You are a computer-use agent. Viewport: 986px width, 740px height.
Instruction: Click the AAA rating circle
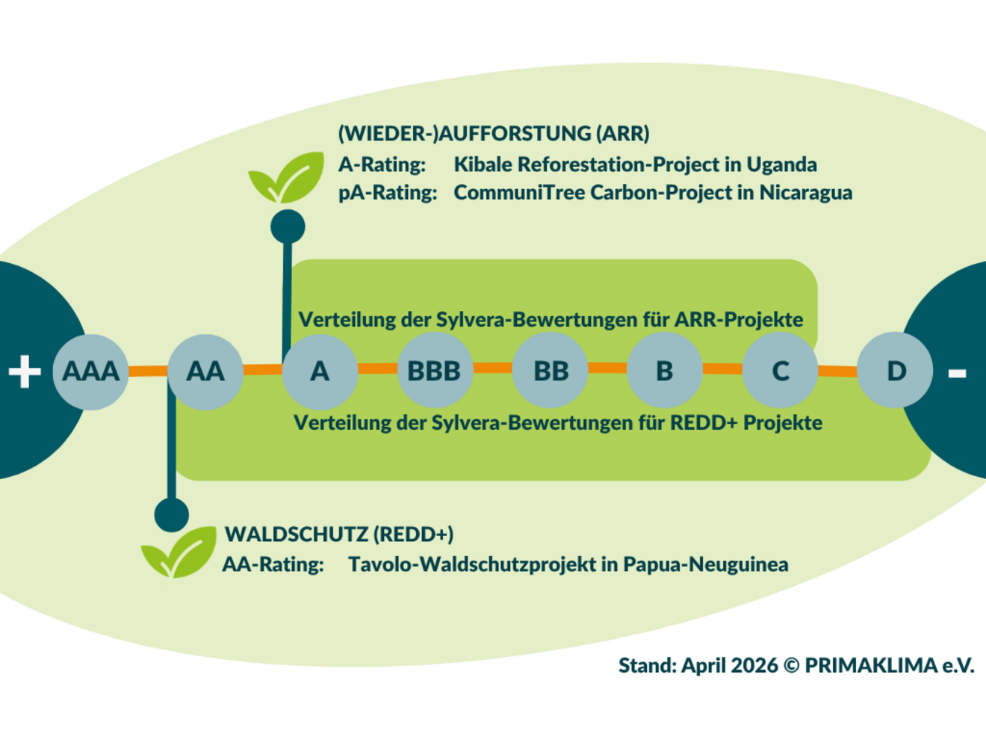tap(90, 371)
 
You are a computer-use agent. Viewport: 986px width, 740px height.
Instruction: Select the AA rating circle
tap(205, 371)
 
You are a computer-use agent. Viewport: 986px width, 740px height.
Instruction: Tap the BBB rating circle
tap(434, 371)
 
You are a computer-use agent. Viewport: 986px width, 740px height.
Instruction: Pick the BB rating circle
tap(551, 371)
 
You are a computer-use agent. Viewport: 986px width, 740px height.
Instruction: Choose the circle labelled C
tap(780, 371)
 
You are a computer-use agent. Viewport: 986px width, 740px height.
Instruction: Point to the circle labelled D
tap(895, 371)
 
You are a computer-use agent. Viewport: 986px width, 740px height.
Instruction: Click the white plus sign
tap(25, 371)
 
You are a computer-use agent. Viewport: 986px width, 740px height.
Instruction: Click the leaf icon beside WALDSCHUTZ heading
tap(179, 553)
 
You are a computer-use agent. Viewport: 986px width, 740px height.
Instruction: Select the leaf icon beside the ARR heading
tap(287, 178)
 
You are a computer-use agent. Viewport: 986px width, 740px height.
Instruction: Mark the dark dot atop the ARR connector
tap(288, 226)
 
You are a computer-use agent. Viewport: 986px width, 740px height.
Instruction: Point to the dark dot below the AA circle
tap(172, 514)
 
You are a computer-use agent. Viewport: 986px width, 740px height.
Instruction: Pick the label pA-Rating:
tap(387, 193)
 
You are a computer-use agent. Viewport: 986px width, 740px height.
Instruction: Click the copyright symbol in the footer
tap(791, 665)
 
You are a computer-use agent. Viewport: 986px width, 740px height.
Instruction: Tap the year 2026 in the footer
tap(754, 665)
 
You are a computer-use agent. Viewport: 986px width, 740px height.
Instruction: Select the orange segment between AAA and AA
tap(148, 371)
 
